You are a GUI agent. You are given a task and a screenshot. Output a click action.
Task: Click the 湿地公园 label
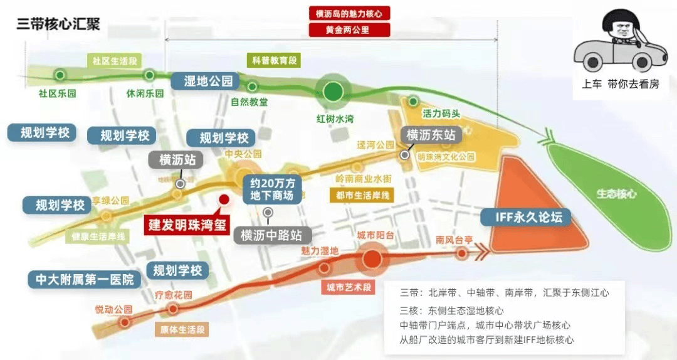[x=207, y=81]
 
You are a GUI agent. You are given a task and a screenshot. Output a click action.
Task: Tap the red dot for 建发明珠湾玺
[x=223, y=199]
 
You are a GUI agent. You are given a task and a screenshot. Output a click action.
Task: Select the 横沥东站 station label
[x=431, y=134]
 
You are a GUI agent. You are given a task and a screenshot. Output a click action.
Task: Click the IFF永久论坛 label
[x=525, y=217]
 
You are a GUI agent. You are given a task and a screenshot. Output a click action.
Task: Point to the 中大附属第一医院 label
[x=84, y=280]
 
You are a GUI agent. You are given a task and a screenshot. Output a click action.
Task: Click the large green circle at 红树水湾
[x=333, y=92]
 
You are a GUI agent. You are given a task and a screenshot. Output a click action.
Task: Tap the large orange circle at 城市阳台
[x=372, y=259]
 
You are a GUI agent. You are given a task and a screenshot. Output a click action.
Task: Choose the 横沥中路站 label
[x=271, y=236]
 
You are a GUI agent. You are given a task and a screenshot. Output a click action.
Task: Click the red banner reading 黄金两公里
[x=349, y=29]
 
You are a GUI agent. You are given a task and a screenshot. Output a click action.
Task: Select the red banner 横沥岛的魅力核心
[x=349, y=13]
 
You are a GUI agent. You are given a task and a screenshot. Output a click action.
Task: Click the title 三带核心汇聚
[x=58, y=24]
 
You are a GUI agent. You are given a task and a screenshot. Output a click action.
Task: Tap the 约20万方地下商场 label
[x=271, y=189]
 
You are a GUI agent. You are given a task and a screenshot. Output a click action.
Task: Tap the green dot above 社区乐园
[x=60, y=75]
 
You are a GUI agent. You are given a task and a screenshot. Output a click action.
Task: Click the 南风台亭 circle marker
[x=462, y=253]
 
